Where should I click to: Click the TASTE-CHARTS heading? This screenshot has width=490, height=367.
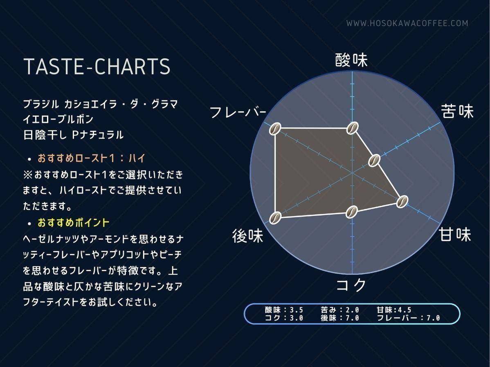point(97,66)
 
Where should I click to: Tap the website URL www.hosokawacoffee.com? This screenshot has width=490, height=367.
point(407,23)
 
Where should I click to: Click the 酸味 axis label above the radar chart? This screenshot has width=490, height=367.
point(352,60)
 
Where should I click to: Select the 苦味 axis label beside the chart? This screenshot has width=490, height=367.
point(458,111)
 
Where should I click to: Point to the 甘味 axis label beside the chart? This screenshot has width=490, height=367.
point(455,234)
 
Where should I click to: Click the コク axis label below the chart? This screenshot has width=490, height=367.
point(351,285)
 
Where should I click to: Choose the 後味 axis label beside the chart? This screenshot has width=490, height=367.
point(248,235)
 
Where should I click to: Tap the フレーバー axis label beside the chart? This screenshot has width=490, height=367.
point(238,112)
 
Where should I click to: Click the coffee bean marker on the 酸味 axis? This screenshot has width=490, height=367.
point(352,128)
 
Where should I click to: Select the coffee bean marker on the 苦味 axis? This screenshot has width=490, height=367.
point(374,161)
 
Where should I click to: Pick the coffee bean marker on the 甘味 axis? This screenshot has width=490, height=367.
point(402,201)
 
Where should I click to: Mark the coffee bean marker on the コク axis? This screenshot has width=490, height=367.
point(352,212)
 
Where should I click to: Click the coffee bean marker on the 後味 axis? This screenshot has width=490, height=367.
point(275,217)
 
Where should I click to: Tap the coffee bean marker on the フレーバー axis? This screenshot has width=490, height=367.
point(275,129)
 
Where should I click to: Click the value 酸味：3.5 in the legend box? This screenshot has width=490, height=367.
point(284,310)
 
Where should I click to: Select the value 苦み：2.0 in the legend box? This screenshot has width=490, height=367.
point(340,310)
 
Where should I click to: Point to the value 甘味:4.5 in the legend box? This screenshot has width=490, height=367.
point(394,310)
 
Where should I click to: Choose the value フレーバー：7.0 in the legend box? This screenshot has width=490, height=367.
point(408,318)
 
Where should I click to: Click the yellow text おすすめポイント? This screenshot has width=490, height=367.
point(74,223)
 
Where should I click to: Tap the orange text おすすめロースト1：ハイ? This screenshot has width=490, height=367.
point(91,158)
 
